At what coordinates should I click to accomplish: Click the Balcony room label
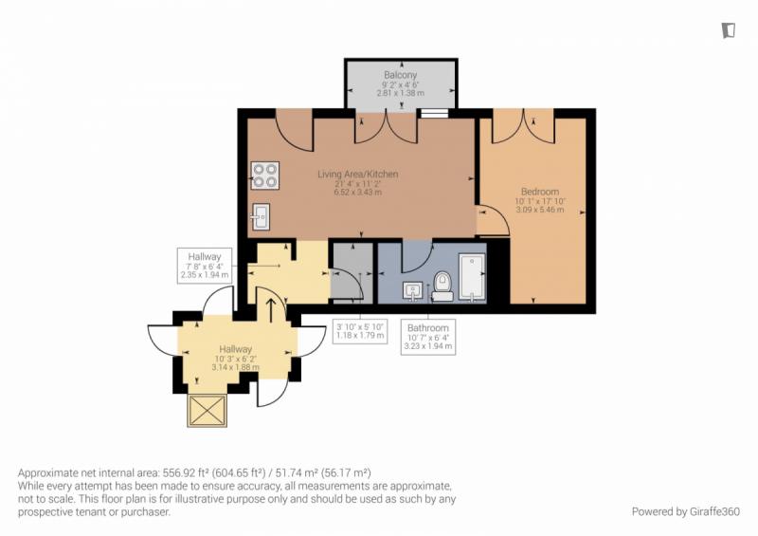click(400, 75)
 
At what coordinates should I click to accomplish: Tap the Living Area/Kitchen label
click(358, 174)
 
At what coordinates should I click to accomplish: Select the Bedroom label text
click(540, 192)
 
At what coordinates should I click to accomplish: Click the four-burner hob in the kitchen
click(265, 176)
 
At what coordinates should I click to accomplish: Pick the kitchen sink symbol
click(261, 217)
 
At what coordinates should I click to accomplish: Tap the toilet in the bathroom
click(442, 286)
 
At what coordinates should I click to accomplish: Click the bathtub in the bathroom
click(472, 278)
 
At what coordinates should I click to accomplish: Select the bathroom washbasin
click(413, 291)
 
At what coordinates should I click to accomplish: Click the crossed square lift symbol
click(207, 411)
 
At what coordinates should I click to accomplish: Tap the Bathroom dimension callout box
click(428, 337)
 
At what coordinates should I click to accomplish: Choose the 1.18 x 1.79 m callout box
click(360, 331)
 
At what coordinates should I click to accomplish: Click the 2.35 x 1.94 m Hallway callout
click(205, 266)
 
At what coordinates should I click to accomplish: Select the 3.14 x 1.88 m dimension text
click(235, 367)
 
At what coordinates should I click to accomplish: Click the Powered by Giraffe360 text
click(685, 511)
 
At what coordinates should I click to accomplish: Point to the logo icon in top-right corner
click(729, 30)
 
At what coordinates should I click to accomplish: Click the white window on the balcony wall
click(435, 113)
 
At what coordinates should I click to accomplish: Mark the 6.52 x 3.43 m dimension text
click(358, 193)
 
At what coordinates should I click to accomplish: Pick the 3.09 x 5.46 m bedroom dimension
click(540, 210)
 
